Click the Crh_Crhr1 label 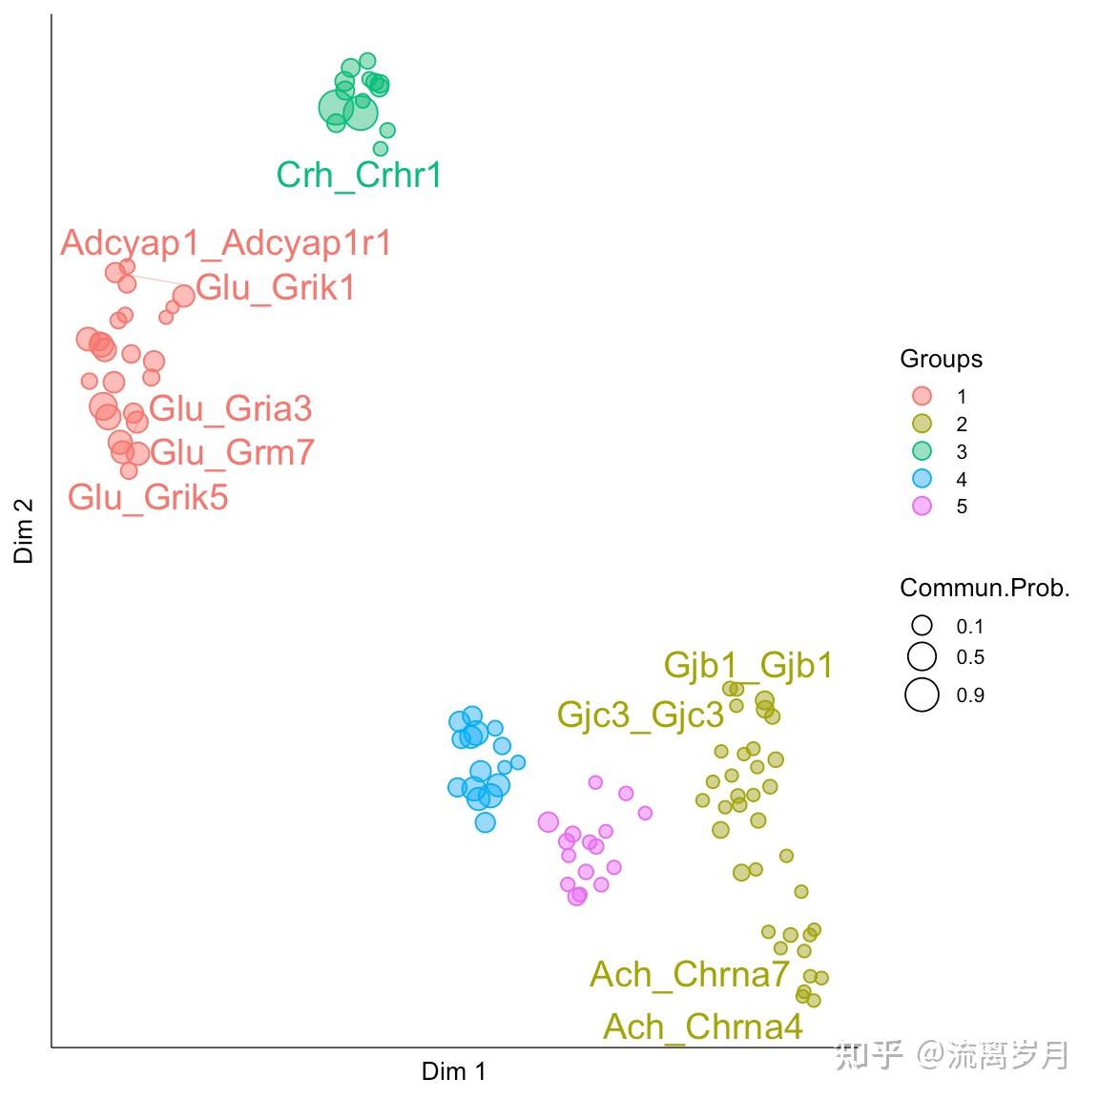coord(359,176)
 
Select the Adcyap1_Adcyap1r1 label coord(226,243)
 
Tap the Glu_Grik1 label coord(276,287)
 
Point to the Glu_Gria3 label coord(231,409)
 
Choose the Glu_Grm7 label coord(232,452)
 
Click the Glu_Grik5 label coord(148,497)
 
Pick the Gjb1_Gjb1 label coord(748,665)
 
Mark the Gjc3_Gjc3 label coord(640,715)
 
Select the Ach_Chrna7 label coord(690,975)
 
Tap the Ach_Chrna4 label coord(703,1027)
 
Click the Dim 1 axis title coord(454,1072)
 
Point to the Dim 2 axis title coord(24,531)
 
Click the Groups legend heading coord(941,360)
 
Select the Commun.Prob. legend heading coord(985,589)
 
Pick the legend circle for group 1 coord(922,396)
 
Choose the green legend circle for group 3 coord(922,451)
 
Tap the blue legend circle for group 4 coord(922,479)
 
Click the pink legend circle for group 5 coord(922,507)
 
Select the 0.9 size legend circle coord(922,695)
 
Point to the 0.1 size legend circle coord(922,626)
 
